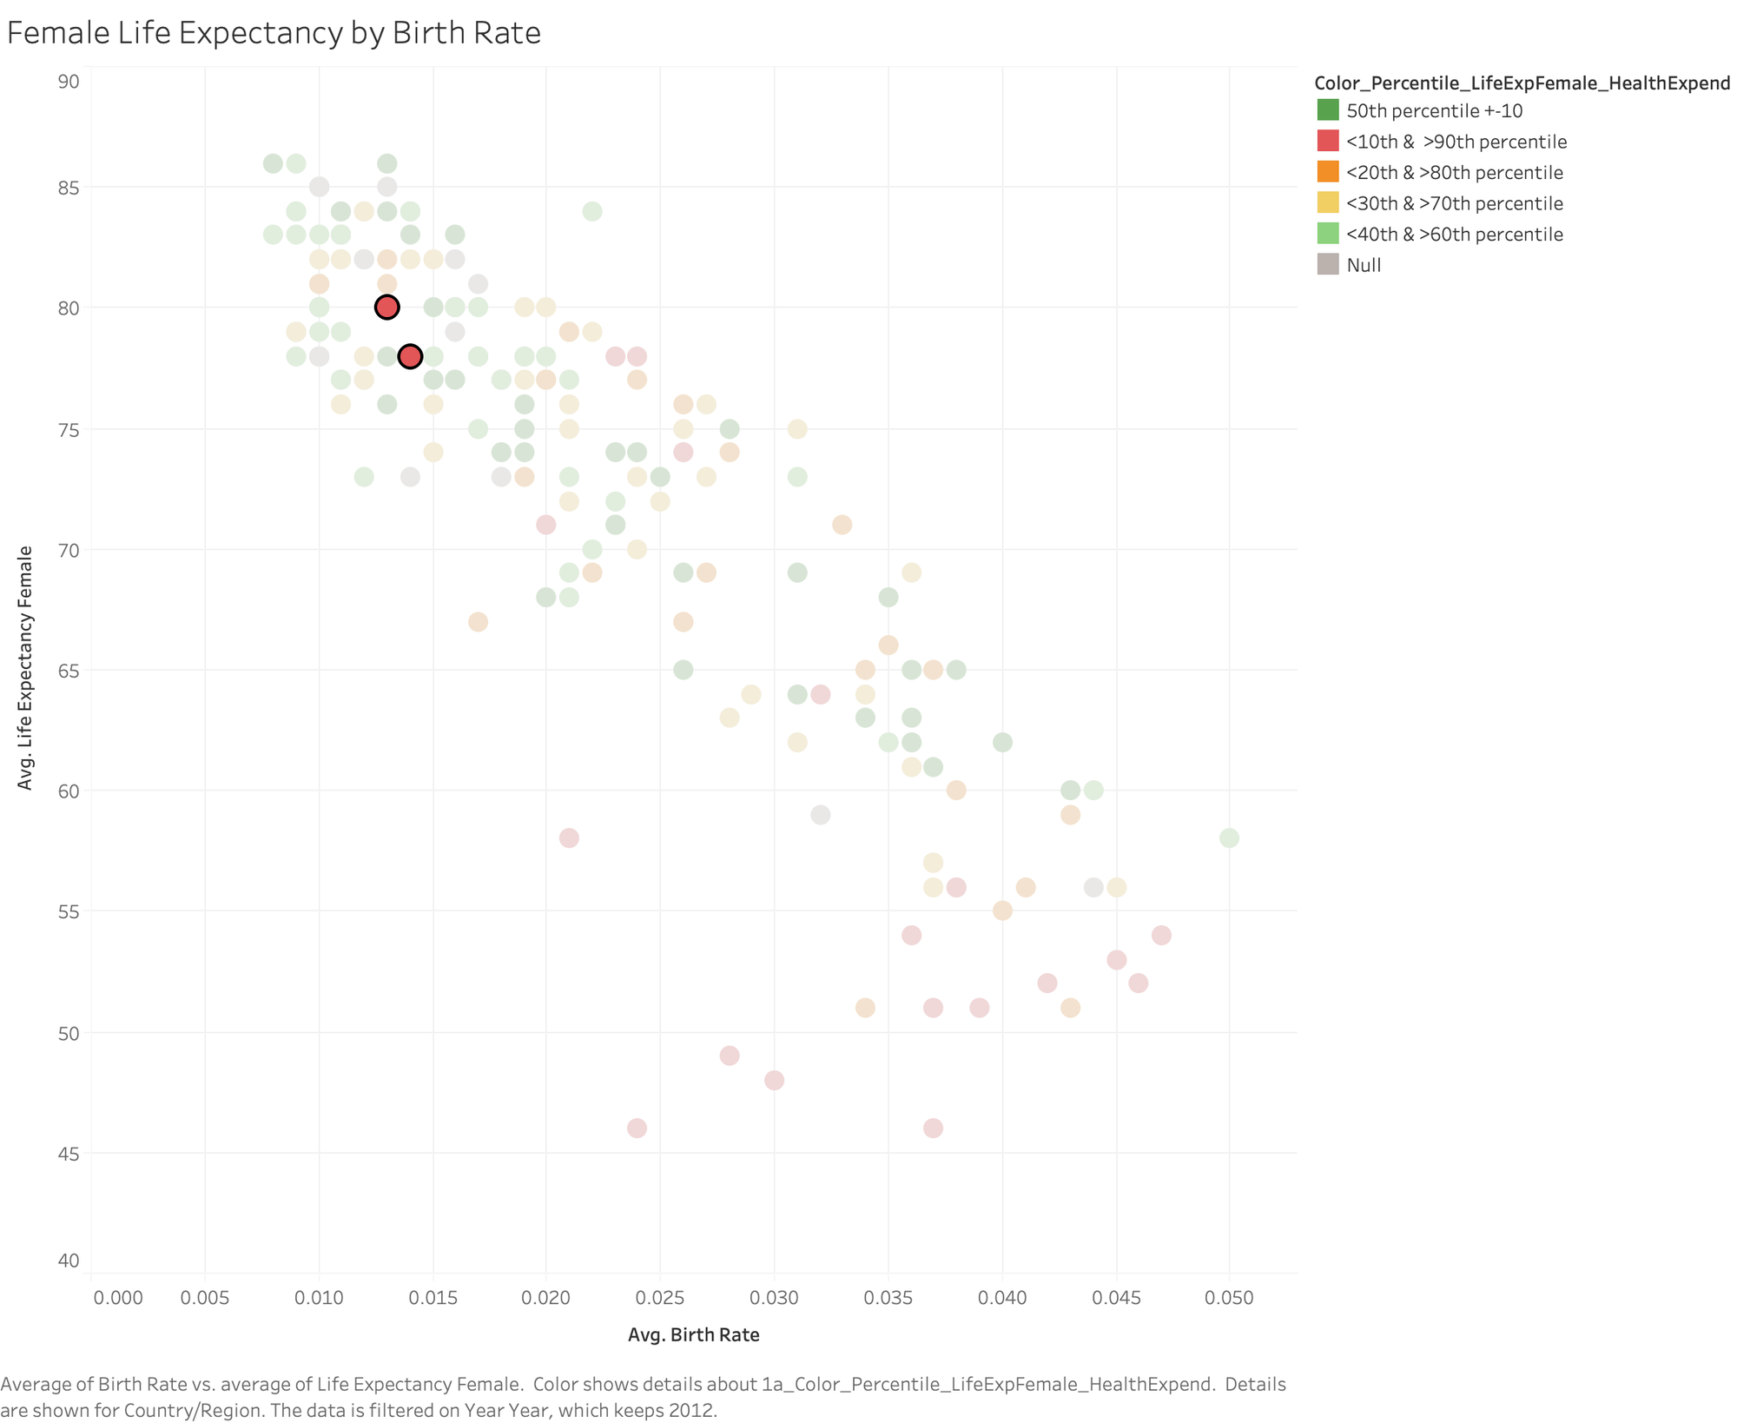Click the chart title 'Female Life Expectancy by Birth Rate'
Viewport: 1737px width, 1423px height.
click(x=274, y=33)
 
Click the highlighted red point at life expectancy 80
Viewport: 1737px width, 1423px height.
click(x=386, y=307)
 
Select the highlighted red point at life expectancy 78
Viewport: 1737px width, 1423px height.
click(x=410, y=356)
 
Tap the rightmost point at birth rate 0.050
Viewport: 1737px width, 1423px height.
click(x=1229, y=837)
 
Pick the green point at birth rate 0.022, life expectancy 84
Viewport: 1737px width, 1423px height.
click(x=592, y=211)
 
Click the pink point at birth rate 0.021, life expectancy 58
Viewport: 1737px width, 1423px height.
click(x=569, y=837)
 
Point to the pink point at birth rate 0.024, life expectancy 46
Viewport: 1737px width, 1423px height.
click(x=637, y=1128)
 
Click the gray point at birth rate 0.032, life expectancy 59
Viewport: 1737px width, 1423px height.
click(x=820, y=815)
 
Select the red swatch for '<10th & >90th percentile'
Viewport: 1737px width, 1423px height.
click(x=1328, y=141)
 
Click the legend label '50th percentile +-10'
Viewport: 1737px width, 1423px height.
click(x=1434, y=110)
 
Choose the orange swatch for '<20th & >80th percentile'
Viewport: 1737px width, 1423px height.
click(x=1328, y=172)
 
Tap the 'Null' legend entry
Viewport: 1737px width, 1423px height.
click(x=1364, y=265)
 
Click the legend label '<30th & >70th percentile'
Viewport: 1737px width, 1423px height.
click(x=1454, y=203)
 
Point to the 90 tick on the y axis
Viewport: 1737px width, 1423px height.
click(x=69, y=82)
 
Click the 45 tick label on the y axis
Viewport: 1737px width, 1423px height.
click(x=69, y=1153)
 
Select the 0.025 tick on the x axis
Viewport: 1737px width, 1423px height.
click(x=660, y=1298)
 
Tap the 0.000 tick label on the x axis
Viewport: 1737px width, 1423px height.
click(x=118, y=1298)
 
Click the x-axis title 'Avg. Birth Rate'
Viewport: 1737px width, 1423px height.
click(x=693, y=1334)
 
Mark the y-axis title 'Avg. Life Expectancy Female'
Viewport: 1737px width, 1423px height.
click(x=25, y=667)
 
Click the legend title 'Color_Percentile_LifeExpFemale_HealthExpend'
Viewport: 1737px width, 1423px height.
click(x=1522, y=83)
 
